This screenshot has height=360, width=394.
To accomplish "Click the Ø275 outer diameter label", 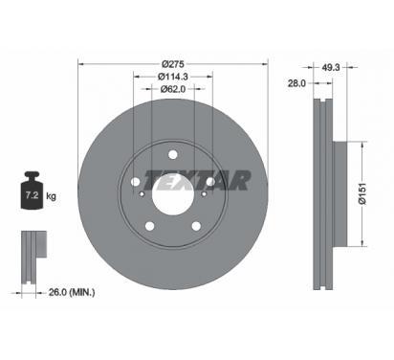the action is [x=173, y=64].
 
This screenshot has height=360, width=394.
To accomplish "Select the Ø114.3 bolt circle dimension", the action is [x=173, y=77].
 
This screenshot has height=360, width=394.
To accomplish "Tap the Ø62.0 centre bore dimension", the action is [x=173, y=89].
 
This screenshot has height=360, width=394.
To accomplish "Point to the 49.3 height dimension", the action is [x=331, y=67].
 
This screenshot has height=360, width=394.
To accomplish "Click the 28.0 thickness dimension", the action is [x=296, y=83].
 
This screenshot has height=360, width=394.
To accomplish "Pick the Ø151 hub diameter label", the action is [x=362, y=194].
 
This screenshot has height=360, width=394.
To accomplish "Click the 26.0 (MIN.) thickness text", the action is [x=72, y=292].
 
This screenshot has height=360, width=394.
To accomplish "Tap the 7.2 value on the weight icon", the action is [x=32, y=195].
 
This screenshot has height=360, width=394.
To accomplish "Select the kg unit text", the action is [x=51, y=195].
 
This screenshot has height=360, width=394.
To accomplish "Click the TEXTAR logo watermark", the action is [x=197, y=180].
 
